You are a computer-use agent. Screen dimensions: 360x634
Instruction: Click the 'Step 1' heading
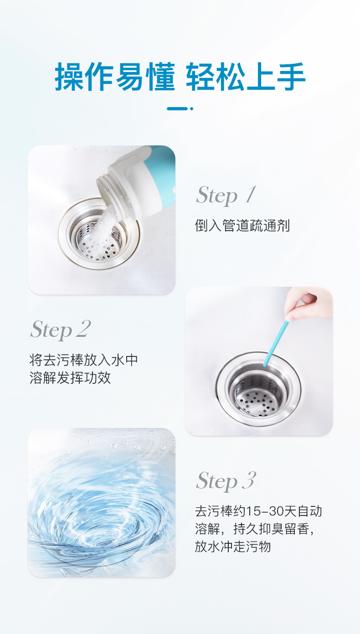point(226,195)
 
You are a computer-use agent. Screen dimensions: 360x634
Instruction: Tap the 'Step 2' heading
point(61,330)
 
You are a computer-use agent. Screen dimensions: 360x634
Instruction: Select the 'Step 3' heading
point(226,481)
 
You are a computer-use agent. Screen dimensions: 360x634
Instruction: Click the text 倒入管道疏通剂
point(242,226)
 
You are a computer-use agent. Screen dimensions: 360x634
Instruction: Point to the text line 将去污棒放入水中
point(84,361)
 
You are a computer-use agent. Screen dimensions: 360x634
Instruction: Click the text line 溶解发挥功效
point(70,378)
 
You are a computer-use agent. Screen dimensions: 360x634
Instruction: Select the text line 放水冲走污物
point(233,546)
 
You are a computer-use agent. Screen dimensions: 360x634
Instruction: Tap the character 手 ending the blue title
point(291,77)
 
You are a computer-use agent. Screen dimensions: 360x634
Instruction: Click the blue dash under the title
point(177,108)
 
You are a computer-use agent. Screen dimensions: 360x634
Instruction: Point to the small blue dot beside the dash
point(191,108)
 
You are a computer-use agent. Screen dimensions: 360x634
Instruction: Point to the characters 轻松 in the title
point(216,77)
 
